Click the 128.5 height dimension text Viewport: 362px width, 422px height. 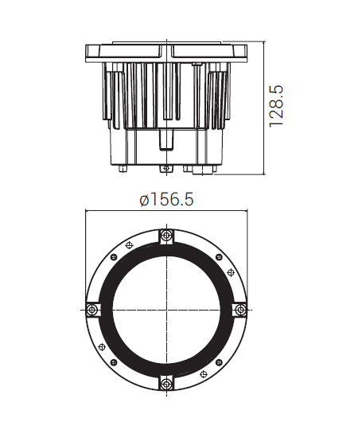276,106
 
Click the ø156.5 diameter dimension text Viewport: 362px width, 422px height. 166,200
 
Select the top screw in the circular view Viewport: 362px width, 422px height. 166,236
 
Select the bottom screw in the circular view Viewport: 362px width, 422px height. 166,383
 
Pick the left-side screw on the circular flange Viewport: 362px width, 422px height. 92,310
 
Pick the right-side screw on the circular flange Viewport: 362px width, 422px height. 240,310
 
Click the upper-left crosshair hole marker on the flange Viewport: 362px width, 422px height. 130,245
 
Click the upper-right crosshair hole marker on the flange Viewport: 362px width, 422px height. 231,272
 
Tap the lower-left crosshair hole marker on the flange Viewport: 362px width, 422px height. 102,347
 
